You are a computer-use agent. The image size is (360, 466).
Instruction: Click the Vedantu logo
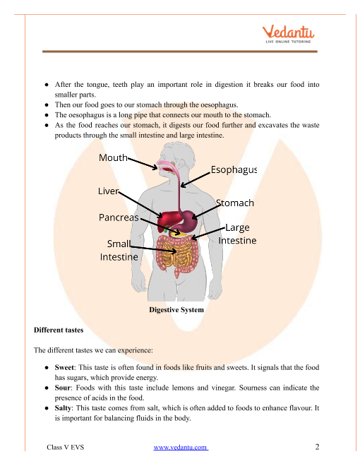point(288,34)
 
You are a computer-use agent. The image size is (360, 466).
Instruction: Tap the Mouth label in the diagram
point(113,157)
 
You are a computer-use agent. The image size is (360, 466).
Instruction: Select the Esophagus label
point(234,169)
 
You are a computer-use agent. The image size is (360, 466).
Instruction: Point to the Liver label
point(109,191)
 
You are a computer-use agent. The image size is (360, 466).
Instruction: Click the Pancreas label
point(119,217)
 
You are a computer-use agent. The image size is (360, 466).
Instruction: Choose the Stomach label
point(235,203)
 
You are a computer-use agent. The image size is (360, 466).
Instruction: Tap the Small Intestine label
point(119,250)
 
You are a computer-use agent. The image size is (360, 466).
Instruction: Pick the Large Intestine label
point(237,234)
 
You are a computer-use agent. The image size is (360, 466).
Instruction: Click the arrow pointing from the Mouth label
point(143,163)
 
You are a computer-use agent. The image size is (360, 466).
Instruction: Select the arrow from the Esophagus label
point(196,180)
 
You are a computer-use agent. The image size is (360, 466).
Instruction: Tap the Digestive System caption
point(176,310)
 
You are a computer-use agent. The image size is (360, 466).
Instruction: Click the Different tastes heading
point(59,330)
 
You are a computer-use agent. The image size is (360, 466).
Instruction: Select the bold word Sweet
point(64,367)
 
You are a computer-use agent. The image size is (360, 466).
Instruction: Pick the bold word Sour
point(62,388)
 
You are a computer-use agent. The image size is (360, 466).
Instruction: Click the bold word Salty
point(63,408)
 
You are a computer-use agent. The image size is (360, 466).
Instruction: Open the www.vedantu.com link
point(181,447)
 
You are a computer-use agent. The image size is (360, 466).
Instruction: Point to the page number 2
point(317,447)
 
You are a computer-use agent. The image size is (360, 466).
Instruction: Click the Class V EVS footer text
point(66,447)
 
